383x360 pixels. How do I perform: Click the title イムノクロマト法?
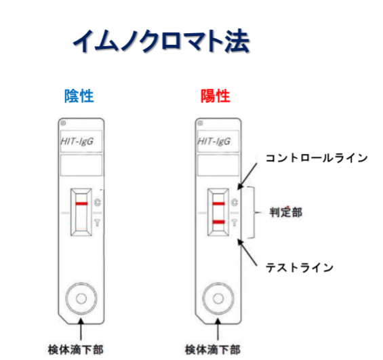pyautogui.click(x=161, y=41)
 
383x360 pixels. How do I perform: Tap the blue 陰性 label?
pyautogui.click(x=79, y=96)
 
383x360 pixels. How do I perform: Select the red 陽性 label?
pyautogui.click(x=216, y=96)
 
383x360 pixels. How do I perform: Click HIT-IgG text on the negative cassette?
pyautogui.click(x=77, y=141)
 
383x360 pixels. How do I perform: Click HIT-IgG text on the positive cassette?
pyautogui.click(x=214, y=141)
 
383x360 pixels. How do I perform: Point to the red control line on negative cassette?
pyautogui.click(x=81, y=203)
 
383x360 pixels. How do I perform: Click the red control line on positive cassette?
pyautogui.click(x=218, y=203)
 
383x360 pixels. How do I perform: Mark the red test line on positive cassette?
pyautogui.click(x=218, y=222)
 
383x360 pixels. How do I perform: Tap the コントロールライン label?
pyautogui.click(x=317, y=158)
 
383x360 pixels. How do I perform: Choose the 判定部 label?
pyautogui.click(x=286, y=212)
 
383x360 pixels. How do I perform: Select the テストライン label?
pyautogui.click(x=300, y=267)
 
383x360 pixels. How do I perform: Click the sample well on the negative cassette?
pyautogui.click(x=81, y=298)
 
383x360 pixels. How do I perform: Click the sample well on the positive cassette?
pyautogui.click(x=218, y=298)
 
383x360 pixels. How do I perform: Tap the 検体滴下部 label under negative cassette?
pyautogui.click(x=76, y=350)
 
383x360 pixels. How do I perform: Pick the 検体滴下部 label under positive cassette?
pyautogui.click(x=213, y=350)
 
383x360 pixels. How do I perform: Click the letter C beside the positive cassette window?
pyautogui.click(x=235, y=202)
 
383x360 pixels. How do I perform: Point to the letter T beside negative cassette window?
pyautogui.click(x=97, y=222)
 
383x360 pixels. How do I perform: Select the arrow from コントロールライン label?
pyautogui.click(x=247, y=176)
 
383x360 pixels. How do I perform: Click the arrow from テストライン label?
pyautogui.click(x=247, y=252)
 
